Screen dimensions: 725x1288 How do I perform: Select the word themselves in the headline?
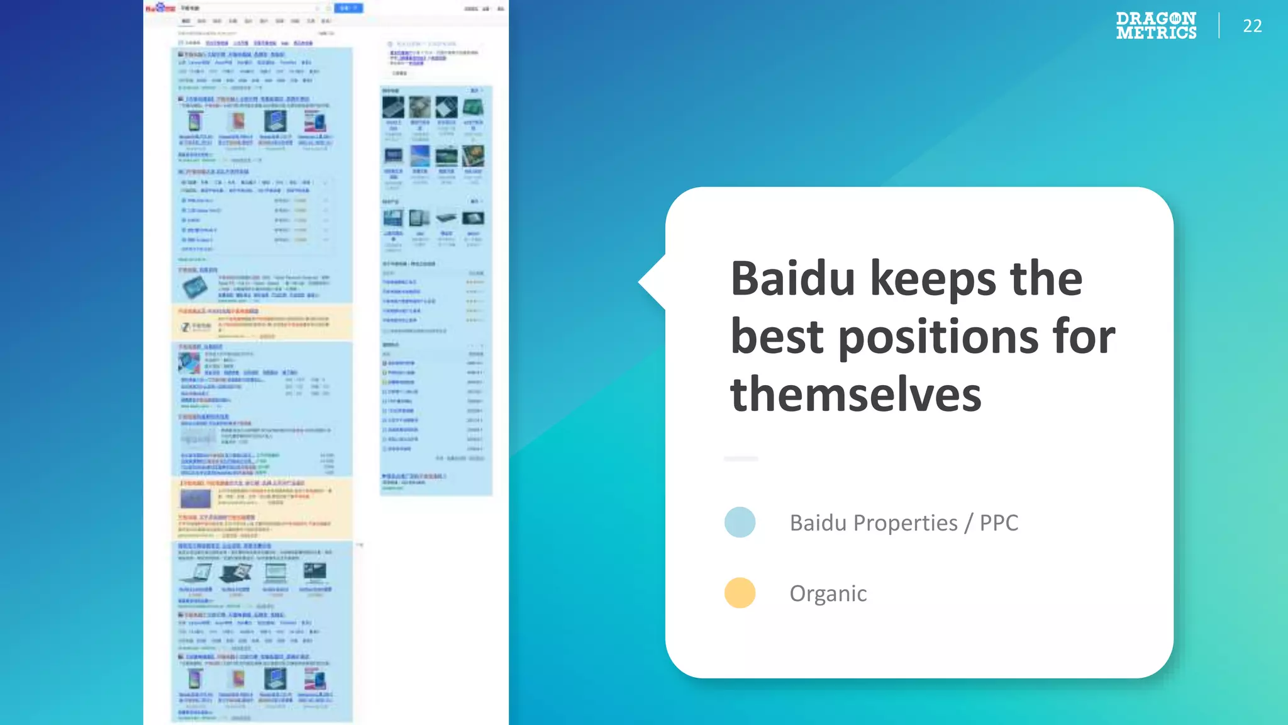click(x=855, y=395)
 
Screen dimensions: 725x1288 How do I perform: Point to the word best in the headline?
click(x=777, y=337)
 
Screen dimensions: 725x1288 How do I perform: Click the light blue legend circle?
click(x=740, y=522)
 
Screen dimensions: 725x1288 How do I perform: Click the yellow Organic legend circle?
click(x=740, y=593)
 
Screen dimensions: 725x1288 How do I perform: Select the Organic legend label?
click(x=828, y=593)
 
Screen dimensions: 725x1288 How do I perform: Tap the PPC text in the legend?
click(x=999, y=523)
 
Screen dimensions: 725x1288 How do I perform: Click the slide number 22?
click(x=1252, y=26)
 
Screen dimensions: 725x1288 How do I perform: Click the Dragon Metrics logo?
click(x=1156, y=26)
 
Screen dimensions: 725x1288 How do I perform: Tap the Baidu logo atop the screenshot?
click(x=160, y=8)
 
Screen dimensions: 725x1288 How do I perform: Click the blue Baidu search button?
click(x=348, y=8)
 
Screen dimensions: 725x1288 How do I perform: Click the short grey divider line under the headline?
click(x=741, y=459)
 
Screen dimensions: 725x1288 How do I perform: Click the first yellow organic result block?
click(x=262, y=323)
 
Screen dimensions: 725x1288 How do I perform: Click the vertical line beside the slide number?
click(x=1219, y=26)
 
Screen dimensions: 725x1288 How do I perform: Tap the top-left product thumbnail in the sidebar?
click(x=393, y=107)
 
